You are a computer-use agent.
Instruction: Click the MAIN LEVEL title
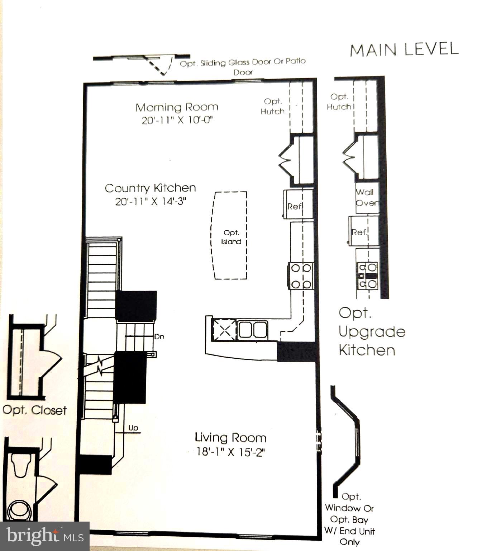coord(404,50)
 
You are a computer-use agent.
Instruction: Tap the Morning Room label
coord(177,107)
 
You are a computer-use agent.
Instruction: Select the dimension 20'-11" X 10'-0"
coord(177,120)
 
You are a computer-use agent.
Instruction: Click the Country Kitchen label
coord(150,188)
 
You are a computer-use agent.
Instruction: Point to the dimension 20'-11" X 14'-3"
coord(151,201)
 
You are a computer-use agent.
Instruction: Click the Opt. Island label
coord(231,237)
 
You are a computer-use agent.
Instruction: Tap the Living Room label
coord(230,438)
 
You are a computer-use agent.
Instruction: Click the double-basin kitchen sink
coord(253,330)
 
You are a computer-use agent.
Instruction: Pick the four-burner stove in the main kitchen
coord(301,276)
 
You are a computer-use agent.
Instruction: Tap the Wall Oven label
coord(366,197)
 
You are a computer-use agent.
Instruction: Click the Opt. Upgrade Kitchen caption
coord(371,331)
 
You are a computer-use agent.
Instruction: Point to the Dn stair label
coord(159,337)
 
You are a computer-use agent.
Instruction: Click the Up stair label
coord(133,428)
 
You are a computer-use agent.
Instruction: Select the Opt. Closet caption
coord(34,410)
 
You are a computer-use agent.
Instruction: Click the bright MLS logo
coord(44,536)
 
